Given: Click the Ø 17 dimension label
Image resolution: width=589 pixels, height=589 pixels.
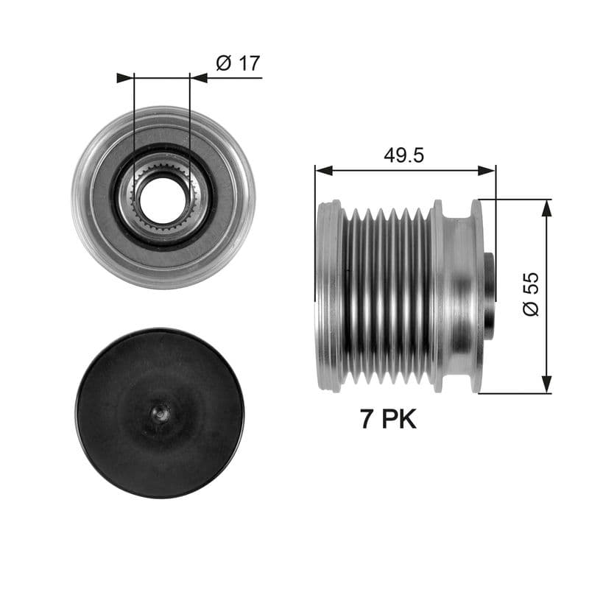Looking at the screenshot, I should [x=237, y=63].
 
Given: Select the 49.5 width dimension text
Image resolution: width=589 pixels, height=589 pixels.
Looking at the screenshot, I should [x=403, y=155].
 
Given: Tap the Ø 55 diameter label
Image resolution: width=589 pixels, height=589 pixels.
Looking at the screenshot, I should [x=532, y=294].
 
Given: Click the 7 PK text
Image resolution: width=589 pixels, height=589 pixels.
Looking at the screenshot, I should [x=388, y=420].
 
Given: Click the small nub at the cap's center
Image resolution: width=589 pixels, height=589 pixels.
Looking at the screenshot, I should [x=160, y=414].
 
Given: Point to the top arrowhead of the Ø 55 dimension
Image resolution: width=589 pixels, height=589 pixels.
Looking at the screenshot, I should [x=546, y=208].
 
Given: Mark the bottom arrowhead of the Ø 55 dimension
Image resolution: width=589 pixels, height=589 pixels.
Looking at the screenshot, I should [x=546, y=384].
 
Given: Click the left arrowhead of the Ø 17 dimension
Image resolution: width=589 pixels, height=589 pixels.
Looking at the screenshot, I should [x=125, y=77].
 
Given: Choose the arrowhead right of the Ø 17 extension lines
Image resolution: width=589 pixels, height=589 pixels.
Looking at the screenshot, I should [x=199, y=77].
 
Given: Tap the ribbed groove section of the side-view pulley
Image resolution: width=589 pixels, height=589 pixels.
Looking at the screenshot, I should [x=387, y=294].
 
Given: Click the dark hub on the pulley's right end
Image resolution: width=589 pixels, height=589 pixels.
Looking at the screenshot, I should [x=488, y=294].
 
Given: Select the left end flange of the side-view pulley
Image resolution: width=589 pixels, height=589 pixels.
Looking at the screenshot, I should [x=328, y=294].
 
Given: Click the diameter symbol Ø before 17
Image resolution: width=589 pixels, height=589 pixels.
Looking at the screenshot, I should [x=224, y=63].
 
